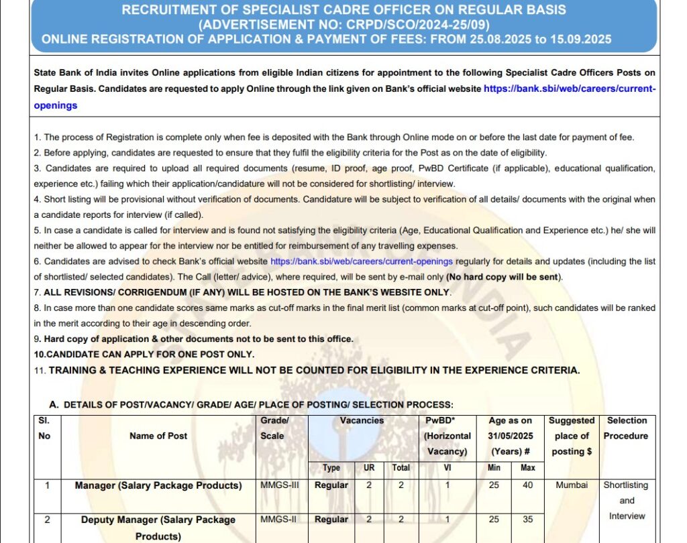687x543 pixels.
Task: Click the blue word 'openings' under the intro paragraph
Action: click(56, 105)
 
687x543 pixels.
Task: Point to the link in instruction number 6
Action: click(361, 261)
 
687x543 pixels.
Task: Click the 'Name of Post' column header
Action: click(158, 436)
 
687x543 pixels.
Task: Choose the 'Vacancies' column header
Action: click(362, 421)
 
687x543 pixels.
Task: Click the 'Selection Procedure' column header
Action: click(626, 428)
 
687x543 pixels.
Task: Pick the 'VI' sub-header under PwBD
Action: click(447, 467)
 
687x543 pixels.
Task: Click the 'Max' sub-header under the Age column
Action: click(528, 467)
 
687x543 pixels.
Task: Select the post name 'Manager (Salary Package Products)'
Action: click(158, 485)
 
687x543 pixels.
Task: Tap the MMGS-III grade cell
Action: click(280, 485)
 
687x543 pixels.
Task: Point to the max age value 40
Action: click(528, 485)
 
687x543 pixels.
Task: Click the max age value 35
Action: click(528, 520)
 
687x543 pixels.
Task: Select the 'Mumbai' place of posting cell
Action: click(572, 485)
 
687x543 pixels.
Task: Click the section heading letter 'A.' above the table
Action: click(54, 405)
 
